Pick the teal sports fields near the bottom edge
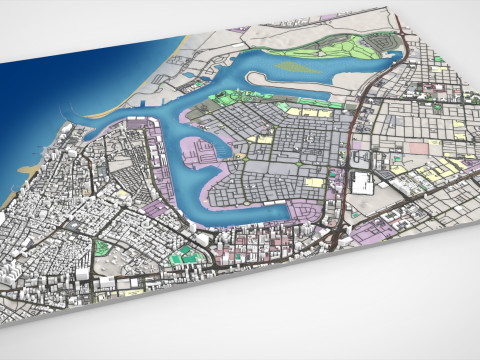pos(181,259)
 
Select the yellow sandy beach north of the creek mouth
pos(176,45)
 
